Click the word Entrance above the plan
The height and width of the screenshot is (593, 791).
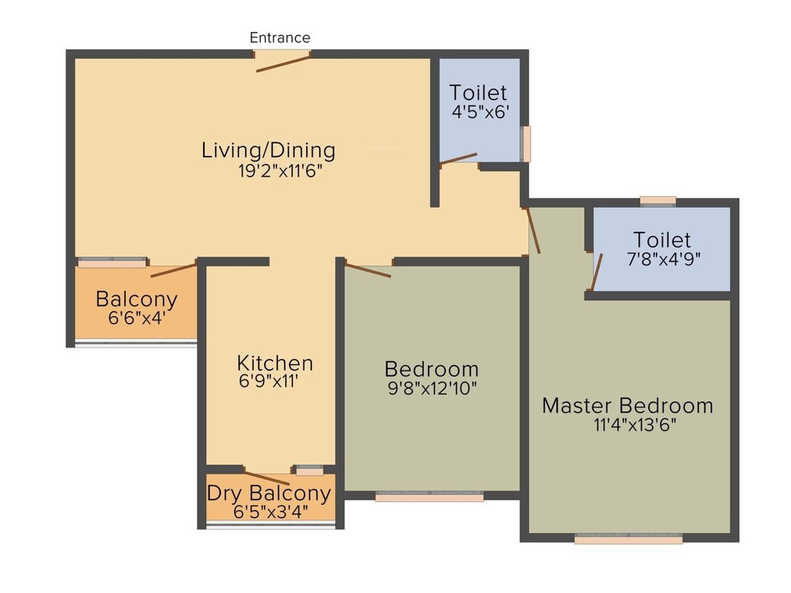pos(280,37)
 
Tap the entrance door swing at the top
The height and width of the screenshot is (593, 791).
pos(283,63)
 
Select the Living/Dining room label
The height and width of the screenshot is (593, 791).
pos(268,150)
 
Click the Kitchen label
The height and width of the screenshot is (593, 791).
pos(275,363)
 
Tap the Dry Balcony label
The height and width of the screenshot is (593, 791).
pos(269,493)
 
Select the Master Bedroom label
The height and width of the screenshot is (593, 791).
pos(627,405)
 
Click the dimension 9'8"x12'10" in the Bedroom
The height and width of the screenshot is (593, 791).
pos(433,388)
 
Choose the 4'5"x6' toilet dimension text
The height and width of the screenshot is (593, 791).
pos(480,112)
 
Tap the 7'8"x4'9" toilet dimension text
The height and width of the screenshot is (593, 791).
pos(662,258)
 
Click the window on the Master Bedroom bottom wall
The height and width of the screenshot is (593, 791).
pos(629,540)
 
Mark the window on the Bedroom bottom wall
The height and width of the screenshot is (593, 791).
pos(429,498)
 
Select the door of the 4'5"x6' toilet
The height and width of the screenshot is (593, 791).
pos(459,159)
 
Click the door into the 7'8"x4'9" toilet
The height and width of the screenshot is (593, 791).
pos(596,272)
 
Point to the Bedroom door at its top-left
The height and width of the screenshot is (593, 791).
pos(368,270)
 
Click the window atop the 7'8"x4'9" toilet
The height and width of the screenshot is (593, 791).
pos(658,201)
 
